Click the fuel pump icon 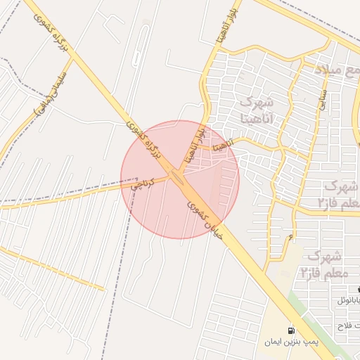click(x=291, y=330)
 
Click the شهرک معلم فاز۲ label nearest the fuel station click(x=323, y=263)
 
